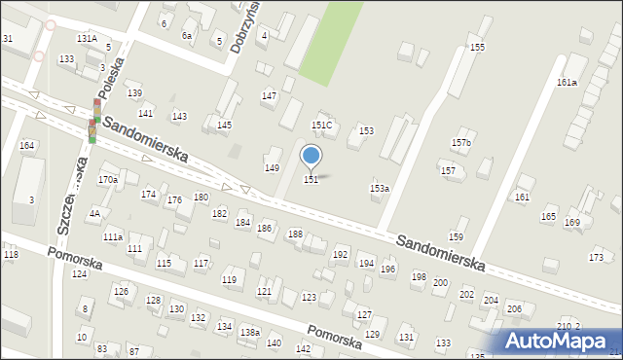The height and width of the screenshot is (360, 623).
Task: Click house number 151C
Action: [321, 126]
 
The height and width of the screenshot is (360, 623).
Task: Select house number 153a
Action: [380, 189]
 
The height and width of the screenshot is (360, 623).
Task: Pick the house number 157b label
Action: [461, 143]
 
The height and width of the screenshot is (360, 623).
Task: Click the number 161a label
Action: [567, 83]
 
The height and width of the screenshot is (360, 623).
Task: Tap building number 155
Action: [477, 48]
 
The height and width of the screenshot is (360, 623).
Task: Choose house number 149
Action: [273, 168]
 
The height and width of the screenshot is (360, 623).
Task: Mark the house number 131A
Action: [87, 39]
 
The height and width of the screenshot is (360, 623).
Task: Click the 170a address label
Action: [108, 180]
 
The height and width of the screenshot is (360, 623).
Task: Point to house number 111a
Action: [113, 236]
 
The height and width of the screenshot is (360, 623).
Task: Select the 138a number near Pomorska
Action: [250, 333]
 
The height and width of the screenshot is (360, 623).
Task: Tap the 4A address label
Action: [94, 213]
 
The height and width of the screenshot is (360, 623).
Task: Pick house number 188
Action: [295, 234]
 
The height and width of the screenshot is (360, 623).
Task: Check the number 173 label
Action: [596, 257]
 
